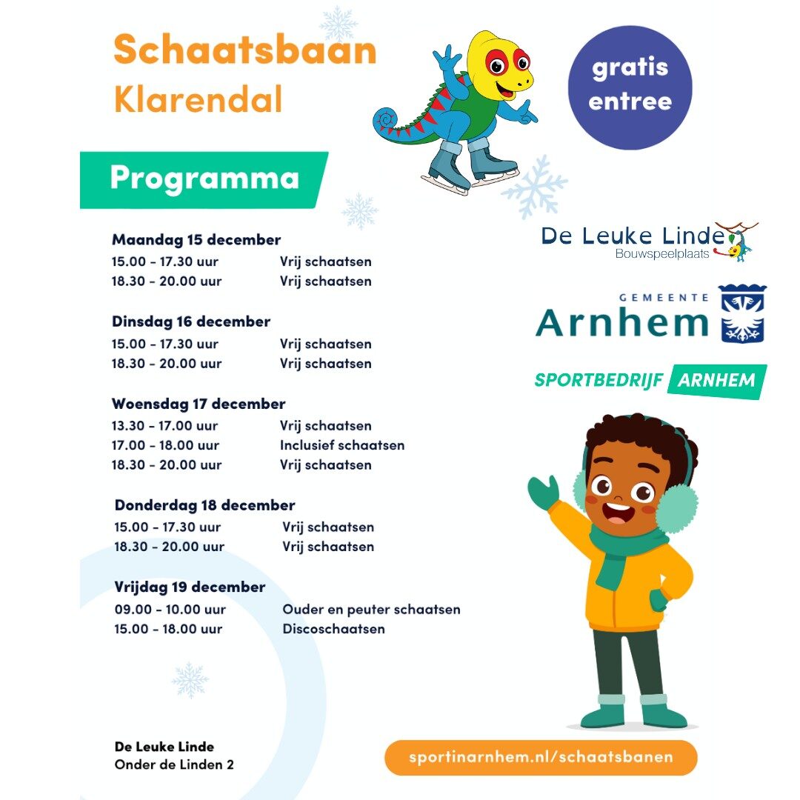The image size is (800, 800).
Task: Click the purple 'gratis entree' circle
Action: pos(630,87)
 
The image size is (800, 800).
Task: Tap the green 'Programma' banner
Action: pos(204,179)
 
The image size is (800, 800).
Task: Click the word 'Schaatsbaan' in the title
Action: pos(244,50)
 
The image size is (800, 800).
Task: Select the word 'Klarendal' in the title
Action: pos(198,99)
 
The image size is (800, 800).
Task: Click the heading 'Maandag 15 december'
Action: pos(196,240)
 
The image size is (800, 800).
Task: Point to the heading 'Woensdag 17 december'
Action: pos(199,404)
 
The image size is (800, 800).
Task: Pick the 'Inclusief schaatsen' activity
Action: pos(342,445)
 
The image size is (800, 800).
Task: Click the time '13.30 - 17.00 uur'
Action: pos(165,426)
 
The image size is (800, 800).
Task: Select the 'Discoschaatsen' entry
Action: pos(333,630)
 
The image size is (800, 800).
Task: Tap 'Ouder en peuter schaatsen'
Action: pos(371,610)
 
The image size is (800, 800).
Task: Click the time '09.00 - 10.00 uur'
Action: pos(170,610)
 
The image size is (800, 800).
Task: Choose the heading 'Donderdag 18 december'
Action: pos(204,505)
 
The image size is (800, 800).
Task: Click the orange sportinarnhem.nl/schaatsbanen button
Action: pos(541,757)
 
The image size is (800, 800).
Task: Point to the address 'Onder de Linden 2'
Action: pos(174,764)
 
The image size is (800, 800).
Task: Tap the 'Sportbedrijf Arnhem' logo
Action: pos(650,381)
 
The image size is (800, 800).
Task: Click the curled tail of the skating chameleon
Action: pos(387,120)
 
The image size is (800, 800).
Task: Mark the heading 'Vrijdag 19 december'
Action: pos(190,587)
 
